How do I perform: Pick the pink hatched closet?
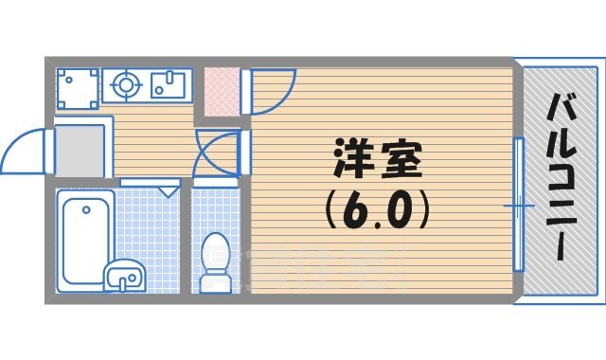pyautogui.click(x=219, y=90)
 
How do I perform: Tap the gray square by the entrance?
pyautogui.click(x=78, y=150)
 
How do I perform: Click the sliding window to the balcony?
pyautogui.click(x=519, y=204)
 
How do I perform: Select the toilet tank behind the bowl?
pyautogui.click(x=215, y=244)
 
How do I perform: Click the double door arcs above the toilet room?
pyautogui.click(x=216, y=153)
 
